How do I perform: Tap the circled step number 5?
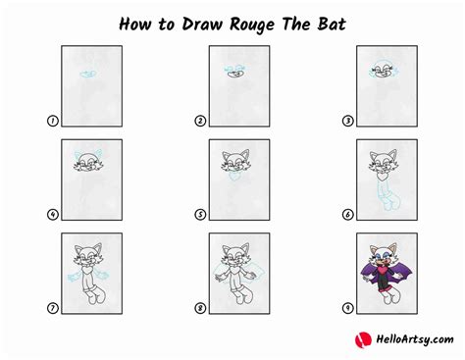point(200,215)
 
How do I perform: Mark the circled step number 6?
point(348,215)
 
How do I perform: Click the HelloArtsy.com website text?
point(409,338)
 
